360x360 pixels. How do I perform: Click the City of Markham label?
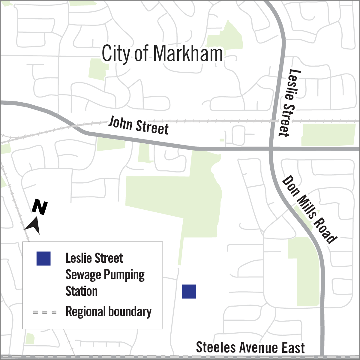[162, 53]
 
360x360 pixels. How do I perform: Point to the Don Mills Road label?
[309, 209]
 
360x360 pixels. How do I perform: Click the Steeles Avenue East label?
[250, 348]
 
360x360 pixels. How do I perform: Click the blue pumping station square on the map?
[189, 292]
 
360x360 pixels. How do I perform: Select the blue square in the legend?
[43, 259]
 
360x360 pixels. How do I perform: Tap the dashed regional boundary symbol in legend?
[45, 312]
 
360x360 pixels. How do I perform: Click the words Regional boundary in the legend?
[109, 312]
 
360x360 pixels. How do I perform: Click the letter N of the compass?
[40, 207]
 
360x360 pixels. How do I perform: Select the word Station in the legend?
[82, 291]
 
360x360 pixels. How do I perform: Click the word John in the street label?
[120, 123]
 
